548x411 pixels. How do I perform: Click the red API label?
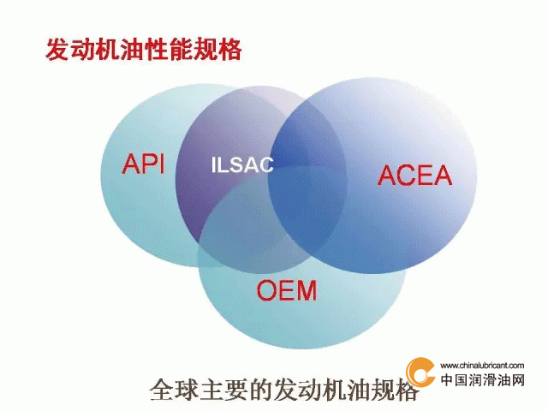tap(143, 164)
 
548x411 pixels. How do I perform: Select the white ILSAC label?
tap(242, 164)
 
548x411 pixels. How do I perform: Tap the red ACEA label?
tap(414, 175)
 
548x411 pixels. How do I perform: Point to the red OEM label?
tap(287, 290)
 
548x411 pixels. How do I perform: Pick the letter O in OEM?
tap(267, 290)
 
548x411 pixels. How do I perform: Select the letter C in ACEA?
tap(406, 175)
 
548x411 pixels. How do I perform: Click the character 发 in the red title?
tap(57, 50)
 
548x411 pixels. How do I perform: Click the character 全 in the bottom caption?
tap(162, 390)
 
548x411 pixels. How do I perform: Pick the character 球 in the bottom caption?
tap(187, 390)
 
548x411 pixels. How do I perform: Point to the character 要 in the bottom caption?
tap(236, 390)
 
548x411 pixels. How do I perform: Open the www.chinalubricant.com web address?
tap(482, 366)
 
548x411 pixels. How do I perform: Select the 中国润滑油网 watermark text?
tap(483, 379)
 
